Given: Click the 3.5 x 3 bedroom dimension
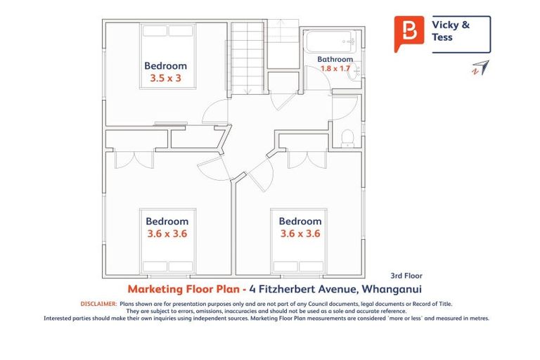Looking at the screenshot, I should point(165,79).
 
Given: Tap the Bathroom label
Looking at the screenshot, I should point(335,59).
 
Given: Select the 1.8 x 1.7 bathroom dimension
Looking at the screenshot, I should point(335,69).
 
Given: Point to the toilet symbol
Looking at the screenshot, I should point(346,138).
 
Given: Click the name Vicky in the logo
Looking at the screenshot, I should point(446,25).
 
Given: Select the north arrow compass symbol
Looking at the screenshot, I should point(480,68).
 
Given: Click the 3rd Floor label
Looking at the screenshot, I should point(406,276).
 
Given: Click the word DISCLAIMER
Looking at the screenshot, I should point(98,304).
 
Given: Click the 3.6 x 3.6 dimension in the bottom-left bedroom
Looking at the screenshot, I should point(167,233).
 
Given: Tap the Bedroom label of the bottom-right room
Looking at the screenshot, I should point(300,221).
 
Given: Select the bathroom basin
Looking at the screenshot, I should point(354,70).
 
